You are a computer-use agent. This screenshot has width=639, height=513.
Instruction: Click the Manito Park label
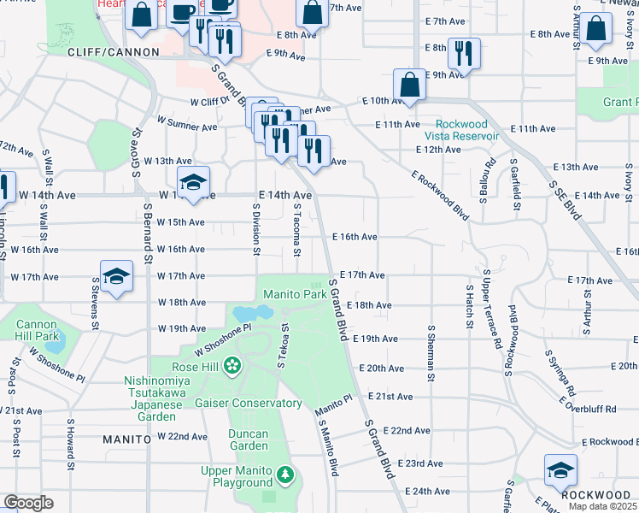(295, 294)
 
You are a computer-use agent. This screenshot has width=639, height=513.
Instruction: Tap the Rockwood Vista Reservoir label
(462, 129)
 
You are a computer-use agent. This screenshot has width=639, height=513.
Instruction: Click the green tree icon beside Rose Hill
(232, 368)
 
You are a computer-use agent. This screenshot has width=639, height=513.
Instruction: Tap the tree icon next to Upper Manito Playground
(285, 473)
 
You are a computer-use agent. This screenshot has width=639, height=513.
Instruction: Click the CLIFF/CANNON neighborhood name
(114, 52)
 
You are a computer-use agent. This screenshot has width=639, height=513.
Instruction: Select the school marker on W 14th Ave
(194, 183)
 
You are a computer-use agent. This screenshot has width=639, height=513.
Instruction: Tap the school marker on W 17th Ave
(117, 277)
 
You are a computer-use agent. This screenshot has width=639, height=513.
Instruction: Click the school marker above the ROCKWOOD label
(560, 471)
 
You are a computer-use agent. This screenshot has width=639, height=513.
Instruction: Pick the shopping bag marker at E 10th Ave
(410, 85)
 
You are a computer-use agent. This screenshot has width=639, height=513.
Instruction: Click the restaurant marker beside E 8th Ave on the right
(463, 54)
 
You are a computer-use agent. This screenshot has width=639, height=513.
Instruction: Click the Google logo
(28, 503)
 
